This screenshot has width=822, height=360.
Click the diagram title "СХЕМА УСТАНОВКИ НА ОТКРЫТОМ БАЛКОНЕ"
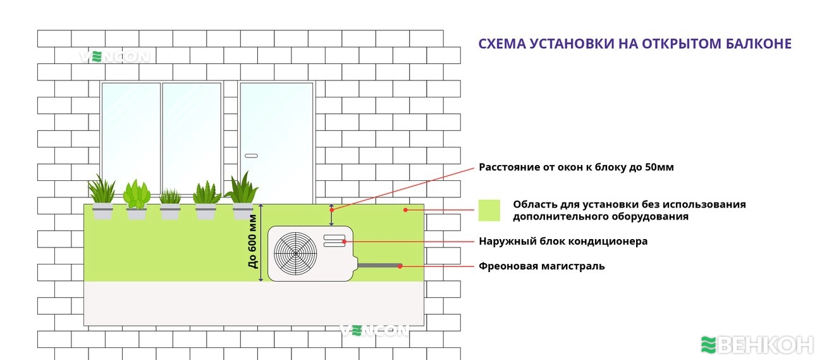pyautogui.click(x=635, y=44)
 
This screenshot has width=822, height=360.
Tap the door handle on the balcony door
pyautogui.click(x=252, y=156)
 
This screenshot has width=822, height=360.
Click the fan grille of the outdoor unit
pyautogui.click(x=295, y=253)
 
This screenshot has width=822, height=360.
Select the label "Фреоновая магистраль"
pyautogui.click(x=541, y=266)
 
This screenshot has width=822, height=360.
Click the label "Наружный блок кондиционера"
pyautogui.click(x=563, y=242)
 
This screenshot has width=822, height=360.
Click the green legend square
pyautogui.click(x=489, y=210)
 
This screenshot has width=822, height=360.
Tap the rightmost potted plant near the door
pyautogui.click(x=242, y=197)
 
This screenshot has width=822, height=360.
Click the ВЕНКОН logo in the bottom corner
pyautogui.click(x=757, y=345)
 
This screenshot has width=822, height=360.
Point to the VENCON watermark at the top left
pyautogui.click(x=114, y=57)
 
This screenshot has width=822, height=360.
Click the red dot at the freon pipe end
pyautogui.click(x=400, y=266)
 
